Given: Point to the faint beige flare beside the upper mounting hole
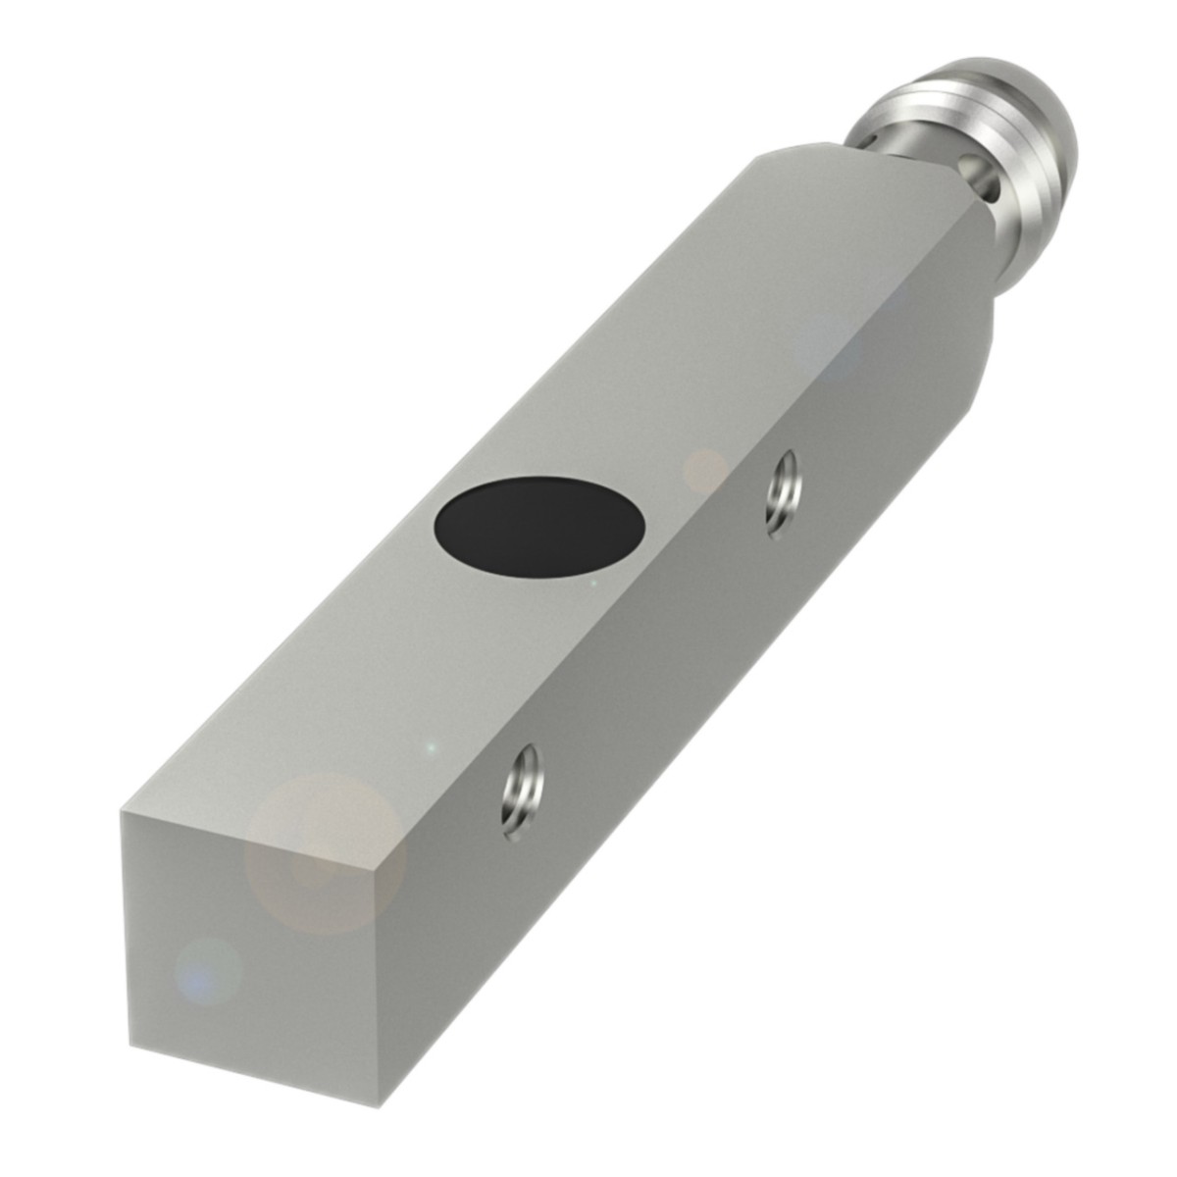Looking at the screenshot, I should coord(704,472).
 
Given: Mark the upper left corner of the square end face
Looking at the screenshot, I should coord(122,812).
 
